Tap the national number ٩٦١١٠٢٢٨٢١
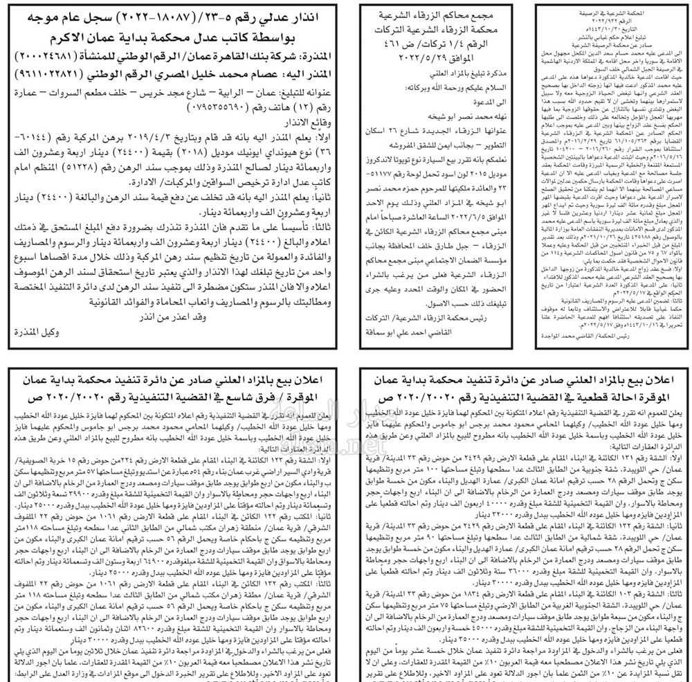tap(55, 73)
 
